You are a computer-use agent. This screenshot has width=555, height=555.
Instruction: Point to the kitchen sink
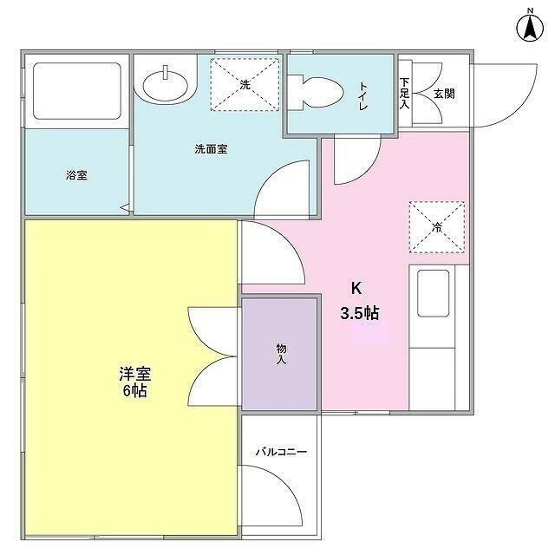click(434, 293)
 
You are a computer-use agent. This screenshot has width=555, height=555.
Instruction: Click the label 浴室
click(75, 174)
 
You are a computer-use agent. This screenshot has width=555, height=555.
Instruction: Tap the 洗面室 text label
click(211, 148)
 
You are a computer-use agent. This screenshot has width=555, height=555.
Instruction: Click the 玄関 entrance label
click(443, 93)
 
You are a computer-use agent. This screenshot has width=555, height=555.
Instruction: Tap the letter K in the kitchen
click(356, 290)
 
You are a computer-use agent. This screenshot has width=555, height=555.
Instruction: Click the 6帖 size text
click(134, 391)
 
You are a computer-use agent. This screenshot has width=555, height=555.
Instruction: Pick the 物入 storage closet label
click(281, 353)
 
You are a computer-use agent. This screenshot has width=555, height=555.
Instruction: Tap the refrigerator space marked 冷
click(435, 227)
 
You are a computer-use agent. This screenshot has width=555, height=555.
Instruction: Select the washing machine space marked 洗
click(245, 84)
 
